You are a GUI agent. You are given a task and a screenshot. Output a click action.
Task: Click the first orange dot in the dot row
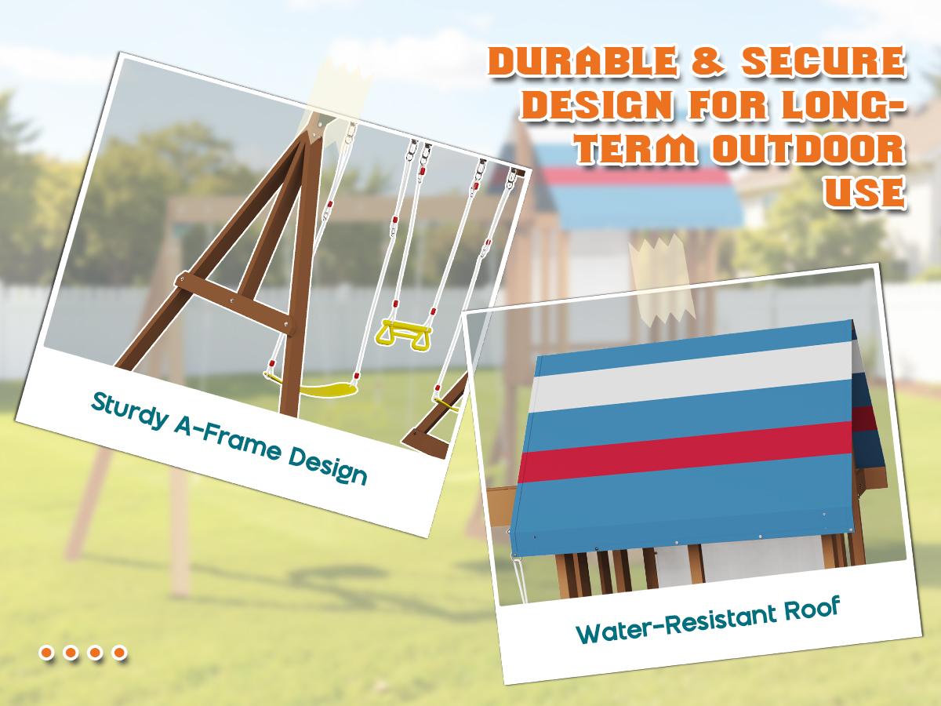[47, 652]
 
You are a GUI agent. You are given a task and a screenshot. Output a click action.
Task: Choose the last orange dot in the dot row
[119, 652]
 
